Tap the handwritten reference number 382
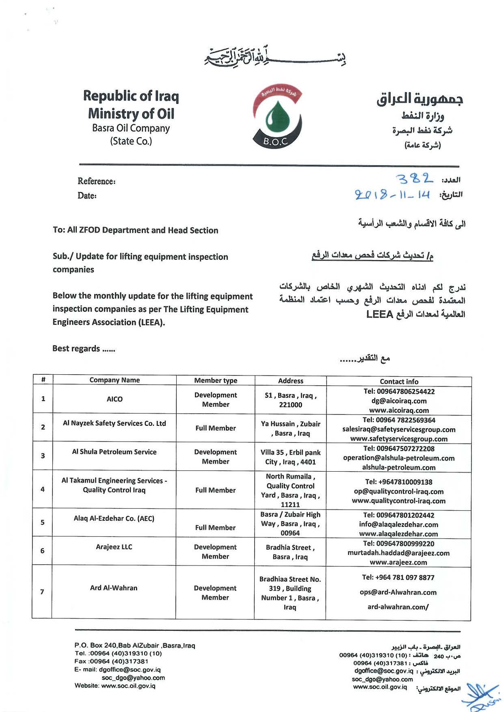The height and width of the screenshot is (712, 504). click(x=414, y=179)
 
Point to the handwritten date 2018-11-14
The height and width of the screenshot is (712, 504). click(x=392, y=194)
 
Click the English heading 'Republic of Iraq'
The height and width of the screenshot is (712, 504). click(x=131, y=96)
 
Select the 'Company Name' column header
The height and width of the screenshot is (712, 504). click(x=115, y=380)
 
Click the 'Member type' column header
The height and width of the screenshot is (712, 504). click(x=216, y=380)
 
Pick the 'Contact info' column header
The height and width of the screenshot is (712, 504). click(x=399, y=382)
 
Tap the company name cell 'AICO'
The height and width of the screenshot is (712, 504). click(x=115, y=399)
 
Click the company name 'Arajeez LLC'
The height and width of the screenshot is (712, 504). click(x=114, y=547)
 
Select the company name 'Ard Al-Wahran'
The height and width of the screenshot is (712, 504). click(x=114, y=588)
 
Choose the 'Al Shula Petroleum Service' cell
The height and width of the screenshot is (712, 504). click(x=114, y=452)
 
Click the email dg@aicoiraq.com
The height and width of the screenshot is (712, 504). click(x=399, y=401)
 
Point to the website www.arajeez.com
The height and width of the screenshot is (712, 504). click(x=398, y=562)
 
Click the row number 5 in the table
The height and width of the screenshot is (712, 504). click(x=43, y=522)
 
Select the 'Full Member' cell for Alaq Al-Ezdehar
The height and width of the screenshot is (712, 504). click(x=215, y=527)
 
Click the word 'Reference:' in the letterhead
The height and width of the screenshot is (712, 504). click(x=97, y=181)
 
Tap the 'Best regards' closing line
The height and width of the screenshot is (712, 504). click(x=84, y=349)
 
